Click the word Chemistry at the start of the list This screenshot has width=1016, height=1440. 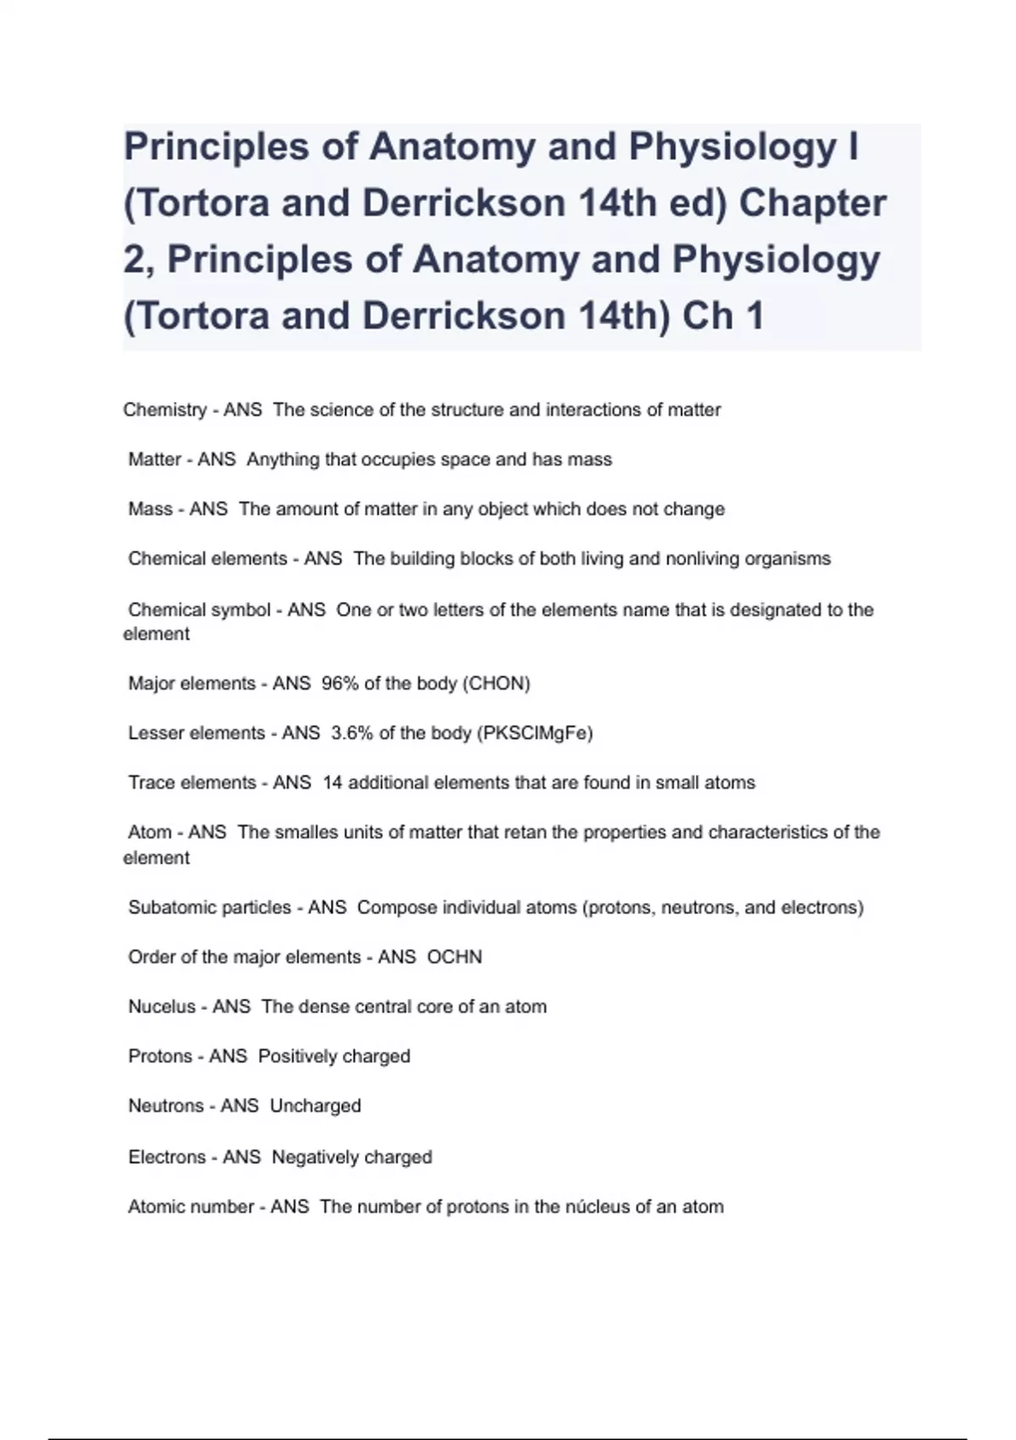[165, 410]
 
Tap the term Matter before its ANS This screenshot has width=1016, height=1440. [155, 459]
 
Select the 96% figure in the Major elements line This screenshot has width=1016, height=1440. [340, 684]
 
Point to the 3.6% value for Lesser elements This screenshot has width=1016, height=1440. [351, 733]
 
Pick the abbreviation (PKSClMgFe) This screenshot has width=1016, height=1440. [535, 733]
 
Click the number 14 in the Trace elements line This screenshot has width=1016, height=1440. [332, 783]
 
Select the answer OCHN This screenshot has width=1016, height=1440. [455, 957]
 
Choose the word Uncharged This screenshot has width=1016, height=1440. [315, 1106]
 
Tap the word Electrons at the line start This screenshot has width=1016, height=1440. [167, 1157]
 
